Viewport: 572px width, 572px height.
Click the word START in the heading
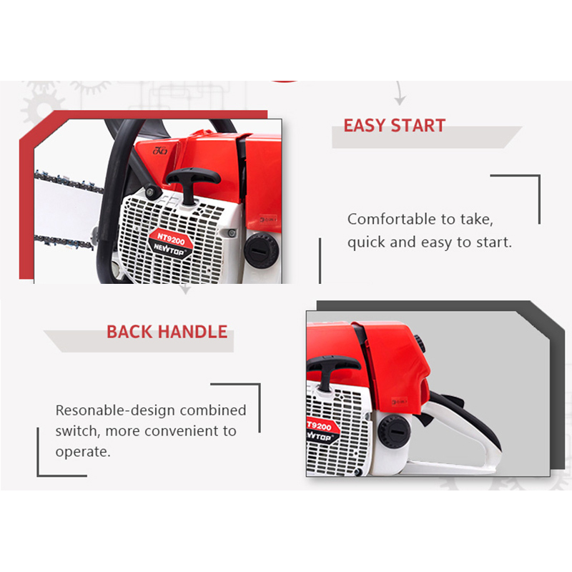point(418,126)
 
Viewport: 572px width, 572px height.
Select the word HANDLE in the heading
point(192,332)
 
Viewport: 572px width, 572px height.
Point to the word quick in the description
point(366,243)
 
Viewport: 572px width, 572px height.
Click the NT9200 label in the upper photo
point(171,239)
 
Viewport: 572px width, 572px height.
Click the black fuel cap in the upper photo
point(261,250)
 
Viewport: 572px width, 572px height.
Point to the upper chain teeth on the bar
point(69,182)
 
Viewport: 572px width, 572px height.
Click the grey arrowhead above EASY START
point(400,100)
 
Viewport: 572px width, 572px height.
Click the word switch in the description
point(77,432)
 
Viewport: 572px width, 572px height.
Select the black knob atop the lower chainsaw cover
point(422,343)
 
